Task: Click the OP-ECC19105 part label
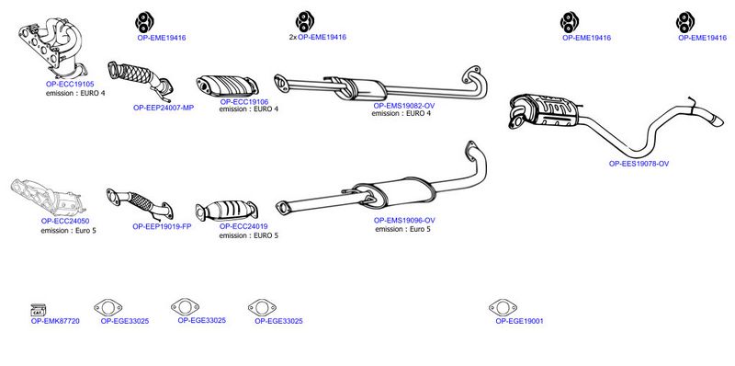[70, 84]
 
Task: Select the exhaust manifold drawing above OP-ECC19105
[52, 49]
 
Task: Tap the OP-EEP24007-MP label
[164, 108]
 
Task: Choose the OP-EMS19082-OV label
[404, 106]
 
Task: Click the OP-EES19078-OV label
[639, 164]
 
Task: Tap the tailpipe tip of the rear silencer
[717, 120]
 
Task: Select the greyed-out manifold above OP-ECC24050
[48, 197]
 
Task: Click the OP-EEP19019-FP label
[162, 226]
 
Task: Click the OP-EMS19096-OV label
[404, 220]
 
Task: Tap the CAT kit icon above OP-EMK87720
[38, 309]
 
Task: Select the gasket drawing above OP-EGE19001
[503, 308]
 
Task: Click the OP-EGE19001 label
[519, 322]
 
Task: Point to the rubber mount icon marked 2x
[305, 21]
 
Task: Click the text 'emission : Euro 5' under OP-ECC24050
[68, 231]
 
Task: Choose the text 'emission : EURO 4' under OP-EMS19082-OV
[401, 113]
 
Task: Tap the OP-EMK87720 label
[55, 322]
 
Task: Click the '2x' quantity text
[293, 37]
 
